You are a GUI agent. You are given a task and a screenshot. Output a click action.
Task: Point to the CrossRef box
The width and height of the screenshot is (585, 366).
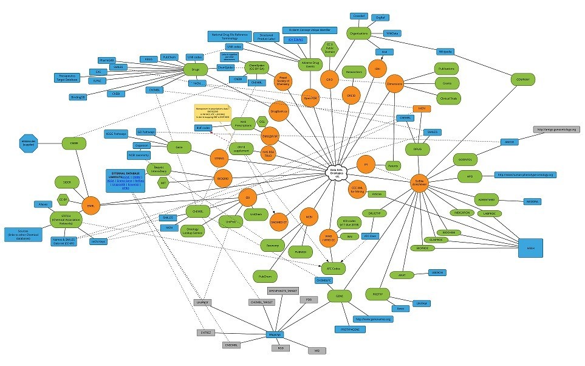pyautogui.click(x=359, y=16)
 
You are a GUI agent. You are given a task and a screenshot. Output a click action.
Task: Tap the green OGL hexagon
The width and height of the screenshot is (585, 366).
pyautogui.click(x=262, y=121)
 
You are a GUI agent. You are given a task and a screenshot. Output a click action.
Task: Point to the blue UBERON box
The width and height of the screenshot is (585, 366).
pyautogui.click(x=437, y=272)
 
